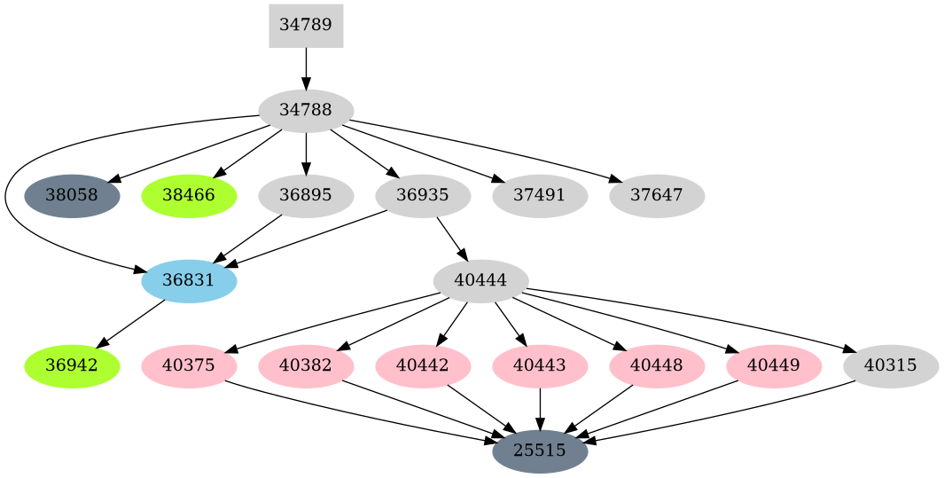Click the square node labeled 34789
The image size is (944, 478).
click(x=306, y=26)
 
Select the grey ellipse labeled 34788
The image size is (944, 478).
click(x=306, y=111)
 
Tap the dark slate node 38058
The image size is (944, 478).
click(x=72, y=196)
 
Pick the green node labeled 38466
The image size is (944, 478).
click(x=189, y=196)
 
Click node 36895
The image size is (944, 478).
click(x=306, y=196)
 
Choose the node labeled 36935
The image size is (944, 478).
click(x=423, y=196)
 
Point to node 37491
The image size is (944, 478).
click(x=540, y=196)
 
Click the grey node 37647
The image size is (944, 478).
click(x=657, y=196)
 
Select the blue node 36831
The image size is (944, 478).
click(x=189, y=281)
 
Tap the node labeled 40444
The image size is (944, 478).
click(x=480, y=281)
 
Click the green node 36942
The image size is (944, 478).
click(x=72, y=366)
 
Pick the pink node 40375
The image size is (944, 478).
click(x=189, y=366)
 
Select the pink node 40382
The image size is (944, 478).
click(x=306, y=366)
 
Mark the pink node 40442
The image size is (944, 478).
click(x=423, y=366)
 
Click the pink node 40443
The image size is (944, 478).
click(x=540, y=366)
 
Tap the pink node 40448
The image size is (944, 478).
click(x=657, y=366)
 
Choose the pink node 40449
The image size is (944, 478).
click(x=774, y=366)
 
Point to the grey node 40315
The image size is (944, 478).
click(x=891, y=366)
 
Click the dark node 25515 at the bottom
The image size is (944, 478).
click(x=540, y=451)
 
